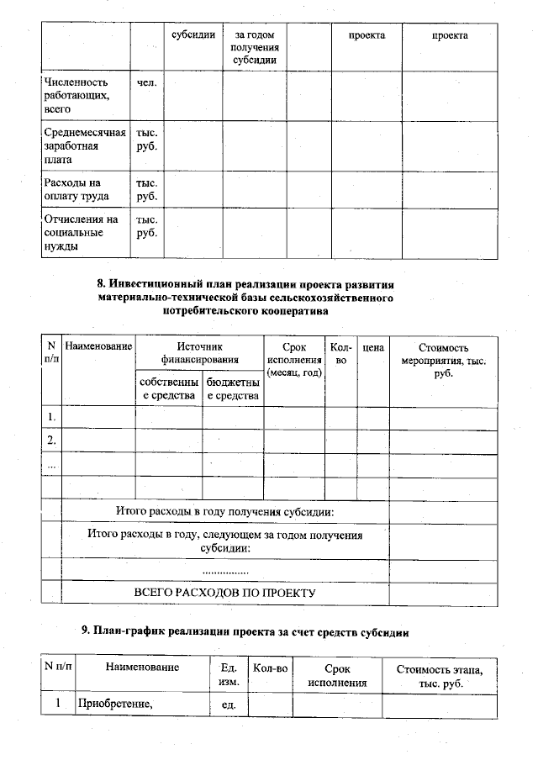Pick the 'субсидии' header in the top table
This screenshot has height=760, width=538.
click(x=193, y=35)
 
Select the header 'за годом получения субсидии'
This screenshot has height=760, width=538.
click(x=255, y=47)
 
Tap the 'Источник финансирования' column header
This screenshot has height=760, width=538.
click(x=200, y=353)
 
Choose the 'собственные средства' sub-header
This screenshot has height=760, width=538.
click(x=168, y=389)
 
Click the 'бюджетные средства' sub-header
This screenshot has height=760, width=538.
click(x=232, y=389)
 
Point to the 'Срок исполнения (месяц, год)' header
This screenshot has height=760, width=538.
click(x=293, y=360)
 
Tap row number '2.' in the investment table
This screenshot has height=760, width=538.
click(x=51, y=440)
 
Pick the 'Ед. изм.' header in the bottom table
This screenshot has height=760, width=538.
click(x=228, y=675)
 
